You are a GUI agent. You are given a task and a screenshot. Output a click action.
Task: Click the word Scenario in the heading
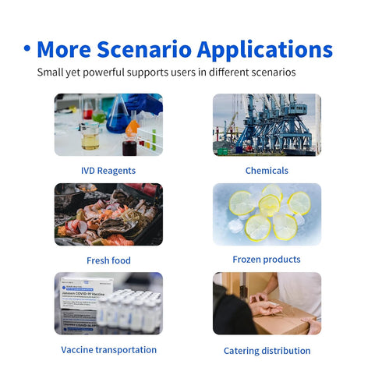click(x=144, y=49)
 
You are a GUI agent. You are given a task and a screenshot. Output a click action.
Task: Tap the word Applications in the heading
click(x=265, y=50)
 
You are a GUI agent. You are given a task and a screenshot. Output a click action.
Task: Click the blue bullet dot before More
click(x=27, y=48)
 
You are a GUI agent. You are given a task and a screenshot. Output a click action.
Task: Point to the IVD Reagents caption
click(x=108, y=171)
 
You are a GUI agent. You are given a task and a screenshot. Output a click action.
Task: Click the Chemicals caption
click(x=267, y=171)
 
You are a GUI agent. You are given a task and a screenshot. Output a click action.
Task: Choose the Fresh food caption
click(x=108, y=260)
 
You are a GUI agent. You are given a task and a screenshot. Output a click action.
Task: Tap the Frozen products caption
click(x=267, y=260)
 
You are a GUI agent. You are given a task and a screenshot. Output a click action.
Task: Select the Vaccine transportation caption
click(x=109, y=350)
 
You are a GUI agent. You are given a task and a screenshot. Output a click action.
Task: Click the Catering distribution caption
click(x=267, y=351)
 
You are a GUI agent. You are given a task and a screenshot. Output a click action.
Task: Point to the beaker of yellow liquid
click(x=90, y=136)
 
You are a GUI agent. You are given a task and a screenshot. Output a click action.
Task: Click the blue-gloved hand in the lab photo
click(x=145, y=103)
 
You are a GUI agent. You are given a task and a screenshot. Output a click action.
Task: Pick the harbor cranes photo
click(x=267, y=125)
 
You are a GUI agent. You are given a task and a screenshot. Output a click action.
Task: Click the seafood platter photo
click(x=108, y=214)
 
